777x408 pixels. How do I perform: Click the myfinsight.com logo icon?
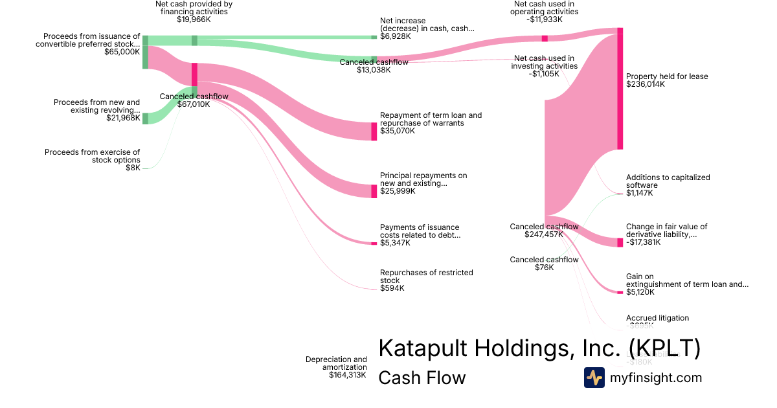(594, 378)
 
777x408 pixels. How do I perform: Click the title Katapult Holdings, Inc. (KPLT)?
(539, 348)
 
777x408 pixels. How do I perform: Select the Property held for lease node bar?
(620, 89)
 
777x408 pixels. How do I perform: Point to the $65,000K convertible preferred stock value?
(122, 51)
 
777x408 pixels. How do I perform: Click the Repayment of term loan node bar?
(374, 131)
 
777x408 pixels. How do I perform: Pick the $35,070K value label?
(397, 131)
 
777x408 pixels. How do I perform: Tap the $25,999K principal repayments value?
(397, 191)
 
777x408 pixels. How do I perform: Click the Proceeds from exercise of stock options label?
(92, 156)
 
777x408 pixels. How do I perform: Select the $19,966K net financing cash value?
(194, 19)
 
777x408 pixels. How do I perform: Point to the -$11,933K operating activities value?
(544, 19)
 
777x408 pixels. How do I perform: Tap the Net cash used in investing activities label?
(544, 62)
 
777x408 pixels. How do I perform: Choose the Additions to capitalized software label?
(668, 181)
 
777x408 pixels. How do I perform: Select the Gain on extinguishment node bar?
(620, 292)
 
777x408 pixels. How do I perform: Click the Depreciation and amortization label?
(336, 363)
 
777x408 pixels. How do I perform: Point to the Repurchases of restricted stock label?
(426, 277)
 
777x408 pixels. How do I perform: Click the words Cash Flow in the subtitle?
(422, 378)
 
